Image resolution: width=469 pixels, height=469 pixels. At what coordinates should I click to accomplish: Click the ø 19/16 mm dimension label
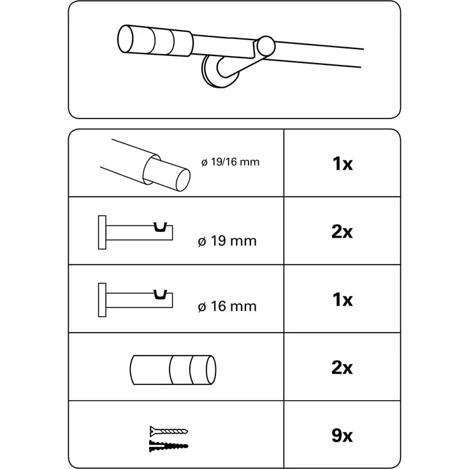[230, 162]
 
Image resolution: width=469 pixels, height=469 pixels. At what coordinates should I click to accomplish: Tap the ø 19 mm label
[227, 241]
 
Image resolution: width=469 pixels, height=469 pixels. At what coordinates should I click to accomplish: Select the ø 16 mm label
[227, 307]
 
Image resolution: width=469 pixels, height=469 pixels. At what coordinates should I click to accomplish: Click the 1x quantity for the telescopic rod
[342, 164]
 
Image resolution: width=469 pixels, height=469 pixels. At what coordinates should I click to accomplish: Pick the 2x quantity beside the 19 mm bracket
[342, 231]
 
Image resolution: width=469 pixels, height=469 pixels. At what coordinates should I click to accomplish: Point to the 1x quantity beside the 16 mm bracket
[342, 299]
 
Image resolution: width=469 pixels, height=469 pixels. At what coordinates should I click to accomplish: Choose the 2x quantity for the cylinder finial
[342, 368]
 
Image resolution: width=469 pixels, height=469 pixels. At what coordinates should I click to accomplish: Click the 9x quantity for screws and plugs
[342, 435]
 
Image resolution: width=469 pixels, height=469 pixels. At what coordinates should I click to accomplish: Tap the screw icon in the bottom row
[169, 431]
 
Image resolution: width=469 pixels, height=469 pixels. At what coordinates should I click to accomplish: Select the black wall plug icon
[169, 446]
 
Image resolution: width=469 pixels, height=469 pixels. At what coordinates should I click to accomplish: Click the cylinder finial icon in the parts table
[173, 370]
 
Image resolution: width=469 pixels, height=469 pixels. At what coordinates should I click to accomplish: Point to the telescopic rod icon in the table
[145, 165]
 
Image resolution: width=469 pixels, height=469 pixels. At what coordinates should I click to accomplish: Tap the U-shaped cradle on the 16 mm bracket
[160, 294]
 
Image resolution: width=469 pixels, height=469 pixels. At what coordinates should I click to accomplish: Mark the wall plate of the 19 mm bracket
[102, 233]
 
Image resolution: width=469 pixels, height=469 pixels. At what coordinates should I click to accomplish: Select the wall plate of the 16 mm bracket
[102, 300]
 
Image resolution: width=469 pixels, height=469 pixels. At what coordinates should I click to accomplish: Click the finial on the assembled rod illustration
[155, 41]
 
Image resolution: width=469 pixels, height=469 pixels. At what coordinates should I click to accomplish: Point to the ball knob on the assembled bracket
[266, 46]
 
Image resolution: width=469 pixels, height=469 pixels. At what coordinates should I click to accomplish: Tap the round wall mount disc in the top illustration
[220, 72]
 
